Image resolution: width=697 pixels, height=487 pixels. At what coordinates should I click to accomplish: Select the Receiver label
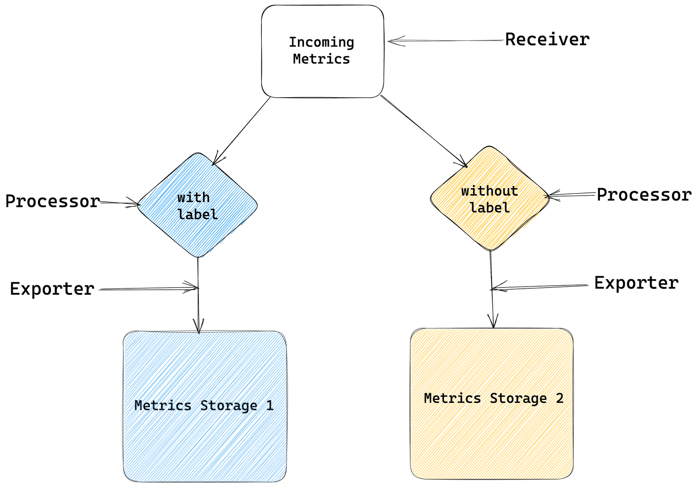coord(547,40)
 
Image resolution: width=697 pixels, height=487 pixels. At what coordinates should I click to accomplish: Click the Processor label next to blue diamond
coord(53,202)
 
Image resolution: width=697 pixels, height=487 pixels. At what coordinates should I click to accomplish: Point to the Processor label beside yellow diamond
coord(644,195)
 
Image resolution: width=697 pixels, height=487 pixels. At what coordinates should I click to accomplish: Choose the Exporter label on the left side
coord(52,289)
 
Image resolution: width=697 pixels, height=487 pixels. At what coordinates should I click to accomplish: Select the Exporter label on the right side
coord(636,283)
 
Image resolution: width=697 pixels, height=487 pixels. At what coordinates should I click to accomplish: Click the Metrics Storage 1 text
coord(204,406)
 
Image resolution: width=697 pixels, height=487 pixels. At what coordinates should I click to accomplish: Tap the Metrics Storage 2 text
coord(494,398)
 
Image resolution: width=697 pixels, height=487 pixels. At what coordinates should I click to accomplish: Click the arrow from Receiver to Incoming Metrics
coord(444,41)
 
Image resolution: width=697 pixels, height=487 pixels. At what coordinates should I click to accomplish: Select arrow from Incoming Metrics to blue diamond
coord(242,130)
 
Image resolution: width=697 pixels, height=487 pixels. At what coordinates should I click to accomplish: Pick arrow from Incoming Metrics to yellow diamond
coord(423,131)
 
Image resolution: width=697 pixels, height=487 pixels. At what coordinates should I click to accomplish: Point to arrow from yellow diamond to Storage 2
coord(492,305)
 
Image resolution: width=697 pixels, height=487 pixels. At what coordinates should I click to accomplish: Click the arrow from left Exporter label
coord(148,288)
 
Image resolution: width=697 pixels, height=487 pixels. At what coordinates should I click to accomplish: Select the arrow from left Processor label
coord(120,203)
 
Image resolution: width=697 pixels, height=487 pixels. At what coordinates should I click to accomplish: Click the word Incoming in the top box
coord(321,42)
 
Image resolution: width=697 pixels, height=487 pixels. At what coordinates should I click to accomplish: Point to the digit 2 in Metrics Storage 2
coord(559,398)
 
